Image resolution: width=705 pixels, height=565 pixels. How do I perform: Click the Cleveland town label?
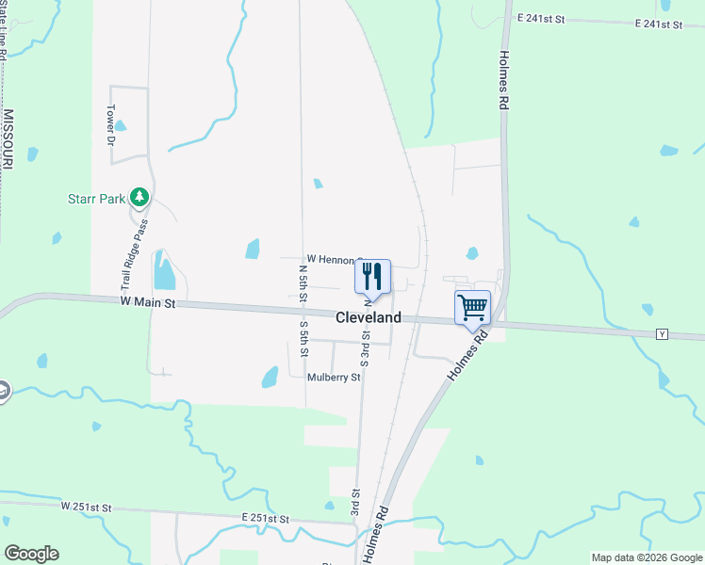tap(369, 317)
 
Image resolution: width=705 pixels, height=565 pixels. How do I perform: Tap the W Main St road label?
tap(148, 303)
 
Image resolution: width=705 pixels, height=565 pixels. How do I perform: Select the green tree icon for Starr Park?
tap(139, 197)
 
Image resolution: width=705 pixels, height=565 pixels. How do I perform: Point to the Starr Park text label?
tap(97, 199)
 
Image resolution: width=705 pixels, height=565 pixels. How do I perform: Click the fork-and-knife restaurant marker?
tap(372, 276)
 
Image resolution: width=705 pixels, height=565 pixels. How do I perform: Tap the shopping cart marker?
tap(472, 306)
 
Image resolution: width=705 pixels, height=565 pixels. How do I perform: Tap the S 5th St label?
tap(304, 339)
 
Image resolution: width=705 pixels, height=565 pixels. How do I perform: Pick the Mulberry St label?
tap(334, 378)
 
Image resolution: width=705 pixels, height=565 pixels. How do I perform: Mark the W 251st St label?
tap(87, 507)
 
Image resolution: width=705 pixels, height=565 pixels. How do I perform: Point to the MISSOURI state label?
tap(8, 139)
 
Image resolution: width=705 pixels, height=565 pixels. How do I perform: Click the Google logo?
tap(31, 553)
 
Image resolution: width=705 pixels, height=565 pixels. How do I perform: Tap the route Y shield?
tap(662, 334)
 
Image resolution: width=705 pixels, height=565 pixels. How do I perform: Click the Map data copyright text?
tap(646, 557)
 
